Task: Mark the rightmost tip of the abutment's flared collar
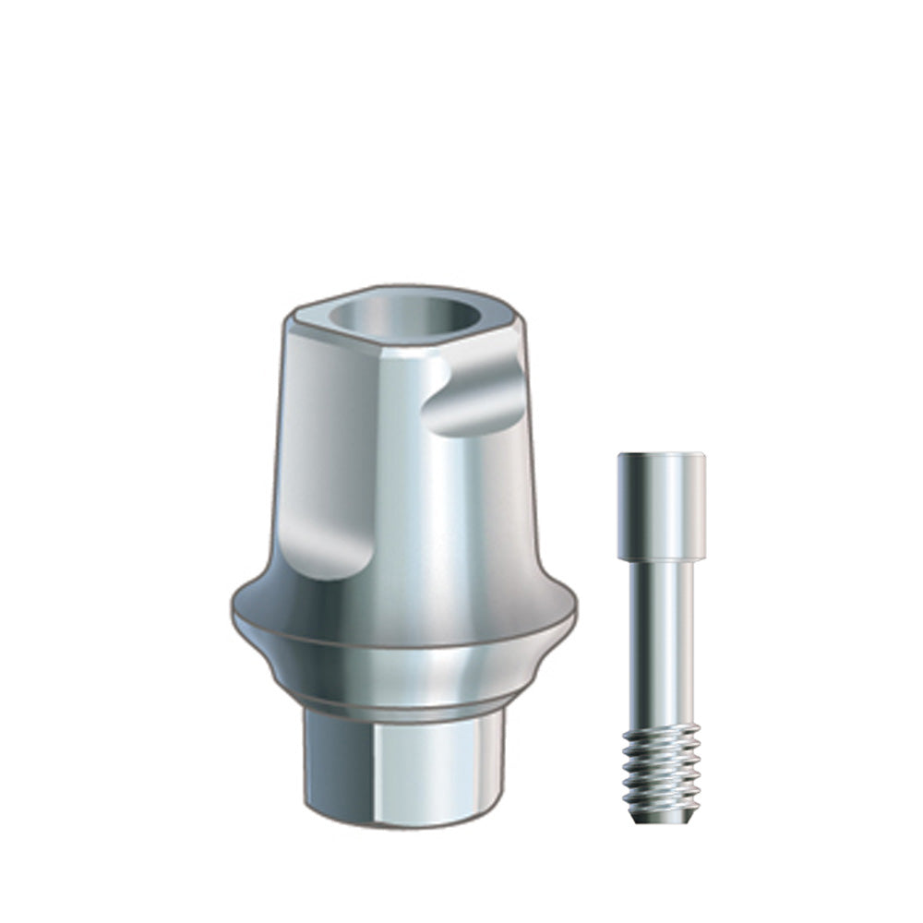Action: tap(574, 610)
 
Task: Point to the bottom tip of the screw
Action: tap(662, 822)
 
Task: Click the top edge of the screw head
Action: tap(661, 454)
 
